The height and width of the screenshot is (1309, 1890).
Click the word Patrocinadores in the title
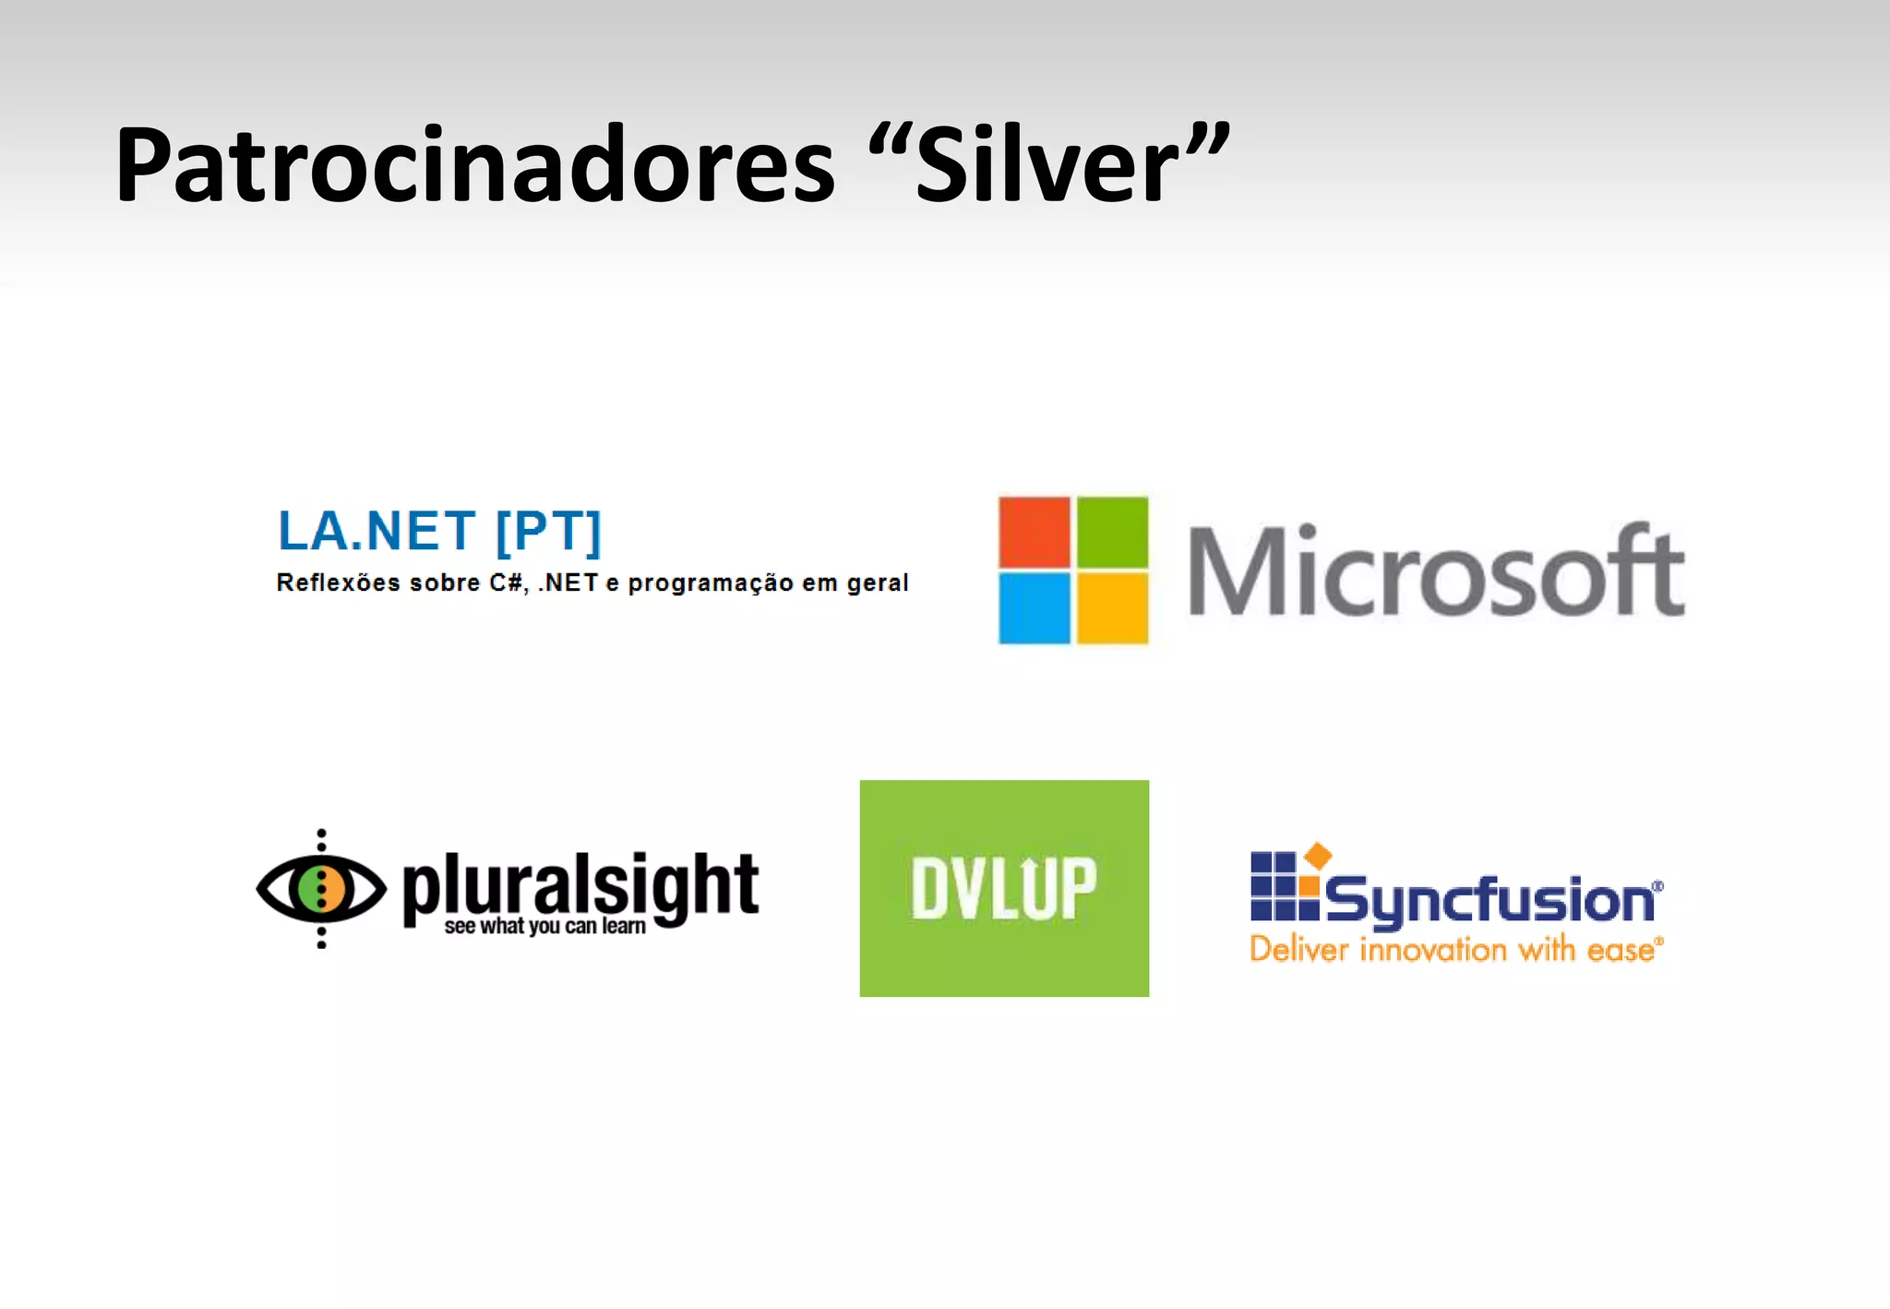[474, 166]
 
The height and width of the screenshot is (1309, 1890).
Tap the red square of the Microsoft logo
[1035, 532]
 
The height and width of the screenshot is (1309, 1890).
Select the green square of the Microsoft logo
[1113, 532]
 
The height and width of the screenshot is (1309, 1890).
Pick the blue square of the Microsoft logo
[1035, 607]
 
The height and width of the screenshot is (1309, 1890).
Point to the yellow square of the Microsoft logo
[1113, 607]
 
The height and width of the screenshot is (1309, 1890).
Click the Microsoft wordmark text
[1436, 572]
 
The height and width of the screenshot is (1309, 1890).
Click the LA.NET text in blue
[377, 532]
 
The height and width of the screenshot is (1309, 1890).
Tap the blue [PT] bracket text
[548, 532]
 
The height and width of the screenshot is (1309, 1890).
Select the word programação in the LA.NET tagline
[711, 583]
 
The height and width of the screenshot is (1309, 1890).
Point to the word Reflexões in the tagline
[339, 583]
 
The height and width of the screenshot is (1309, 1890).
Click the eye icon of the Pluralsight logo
[321, 888]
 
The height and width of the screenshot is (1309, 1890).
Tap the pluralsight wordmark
[581, 884]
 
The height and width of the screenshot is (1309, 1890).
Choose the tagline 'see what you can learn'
[544, 927]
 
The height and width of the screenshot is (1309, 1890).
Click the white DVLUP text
[1004, 888]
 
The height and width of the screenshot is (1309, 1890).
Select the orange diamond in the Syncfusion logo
[1318, 855]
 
